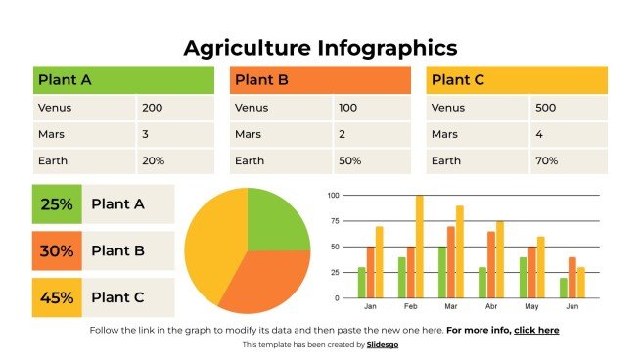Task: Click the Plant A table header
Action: (x=122, y=80)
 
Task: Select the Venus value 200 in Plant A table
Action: (x=152, y=108)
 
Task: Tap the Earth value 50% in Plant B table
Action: (x=349, y=160)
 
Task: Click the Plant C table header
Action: (x=517, y=80)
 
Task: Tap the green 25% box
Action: (x=57, y=204)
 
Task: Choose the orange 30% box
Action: (x=57, y=251)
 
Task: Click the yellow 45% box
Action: (x=57, y=297)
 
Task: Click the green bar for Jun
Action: (x=563, y=288)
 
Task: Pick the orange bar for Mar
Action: (x=450, y=262)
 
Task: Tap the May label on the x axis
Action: (x=531, y=306)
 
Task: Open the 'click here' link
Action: (x=536, y=331)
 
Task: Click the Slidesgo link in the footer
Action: (x=383, y=344)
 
